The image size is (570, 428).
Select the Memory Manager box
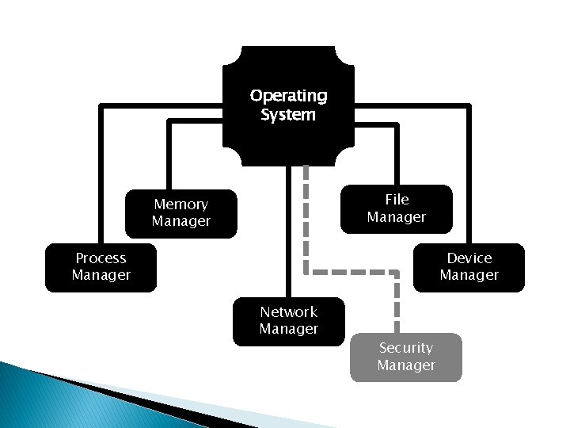[x=181, y=213]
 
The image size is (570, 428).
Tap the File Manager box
[x=396, y=208]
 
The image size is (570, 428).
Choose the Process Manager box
[x=101, y=267]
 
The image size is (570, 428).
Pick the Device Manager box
[x=469, y=267]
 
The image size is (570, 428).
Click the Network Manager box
[x=288, y=321]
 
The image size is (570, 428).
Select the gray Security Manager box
[x=405, y=357]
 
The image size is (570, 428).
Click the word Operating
[x=288, y=96]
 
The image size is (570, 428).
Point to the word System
[x=288, y=115]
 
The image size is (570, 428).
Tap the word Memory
[x=181, y=204]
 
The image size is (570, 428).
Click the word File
[x=397, y=199]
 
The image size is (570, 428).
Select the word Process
[x=101, y=258]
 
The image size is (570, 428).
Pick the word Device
[x=469, y=258]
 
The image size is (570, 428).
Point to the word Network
[x=288, y=311]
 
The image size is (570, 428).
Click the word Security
[x=405, y=347]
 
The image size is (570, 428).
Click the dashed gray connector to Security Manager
[x=352, y=270]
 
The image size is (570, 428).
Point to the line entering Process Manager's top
[x=101, y=174]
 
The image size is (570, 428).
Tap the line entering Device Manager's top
[x=469, y=174]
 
